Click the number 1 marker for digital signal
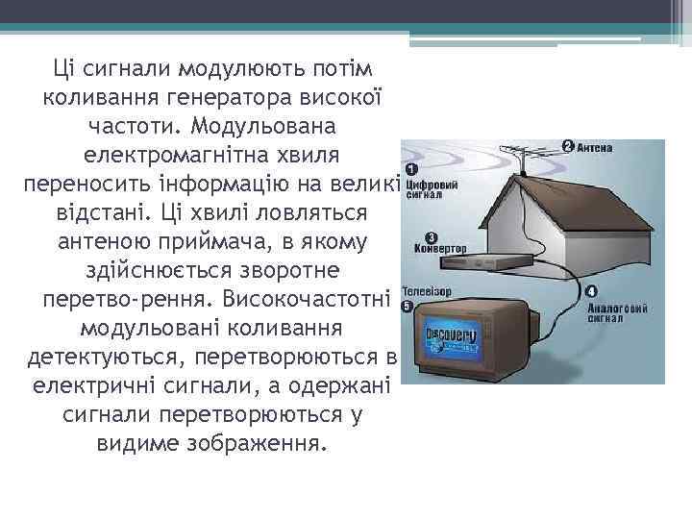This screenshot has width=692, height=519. coord(411,168)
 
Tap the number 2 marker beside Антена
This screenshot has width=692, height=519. coord(568,146)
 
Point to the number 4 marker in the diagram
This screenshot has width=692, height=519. coord(590,291)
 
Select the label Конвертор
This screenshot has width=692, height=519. coord(435,248)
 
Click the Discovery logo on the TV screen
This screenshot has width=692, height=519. coord(451,336)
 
